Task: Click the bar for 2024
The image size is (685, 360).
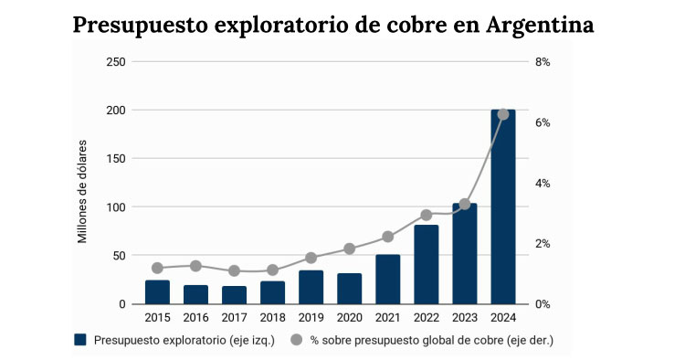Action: (503, 207)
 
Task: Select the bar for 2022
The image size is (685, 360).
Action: (426, 265)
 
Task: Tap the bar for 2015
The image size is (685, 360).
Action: (157, 292)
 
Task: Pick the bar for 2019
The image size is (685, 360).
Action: (311, 288)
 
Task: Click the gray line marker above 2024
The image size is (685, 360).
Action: (503, 114)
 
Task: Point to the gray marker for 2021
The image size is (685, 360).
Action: (387, 237)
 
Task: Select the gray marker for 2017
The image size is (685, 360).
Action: (234, 270)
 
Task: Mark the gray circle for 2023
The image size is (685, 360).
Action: (464, 204)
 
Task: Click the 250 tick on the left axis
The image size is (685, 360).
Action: (115, 62)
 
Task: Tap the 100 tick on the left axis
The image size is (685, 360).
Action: (115, 207)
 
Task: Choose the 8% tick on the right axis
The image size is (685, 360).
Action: (542, 62)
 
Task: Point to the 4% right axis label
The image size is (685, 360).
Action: (542, 184)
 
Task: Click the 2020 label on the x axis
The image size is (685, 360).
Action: (349, 317)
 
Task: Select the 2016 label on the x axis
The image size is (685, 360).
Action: (195, 317)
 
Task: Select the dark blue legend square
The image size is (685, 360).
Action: (80, 340)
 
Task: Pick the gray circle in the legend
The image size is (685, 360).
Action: (296, 340)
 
